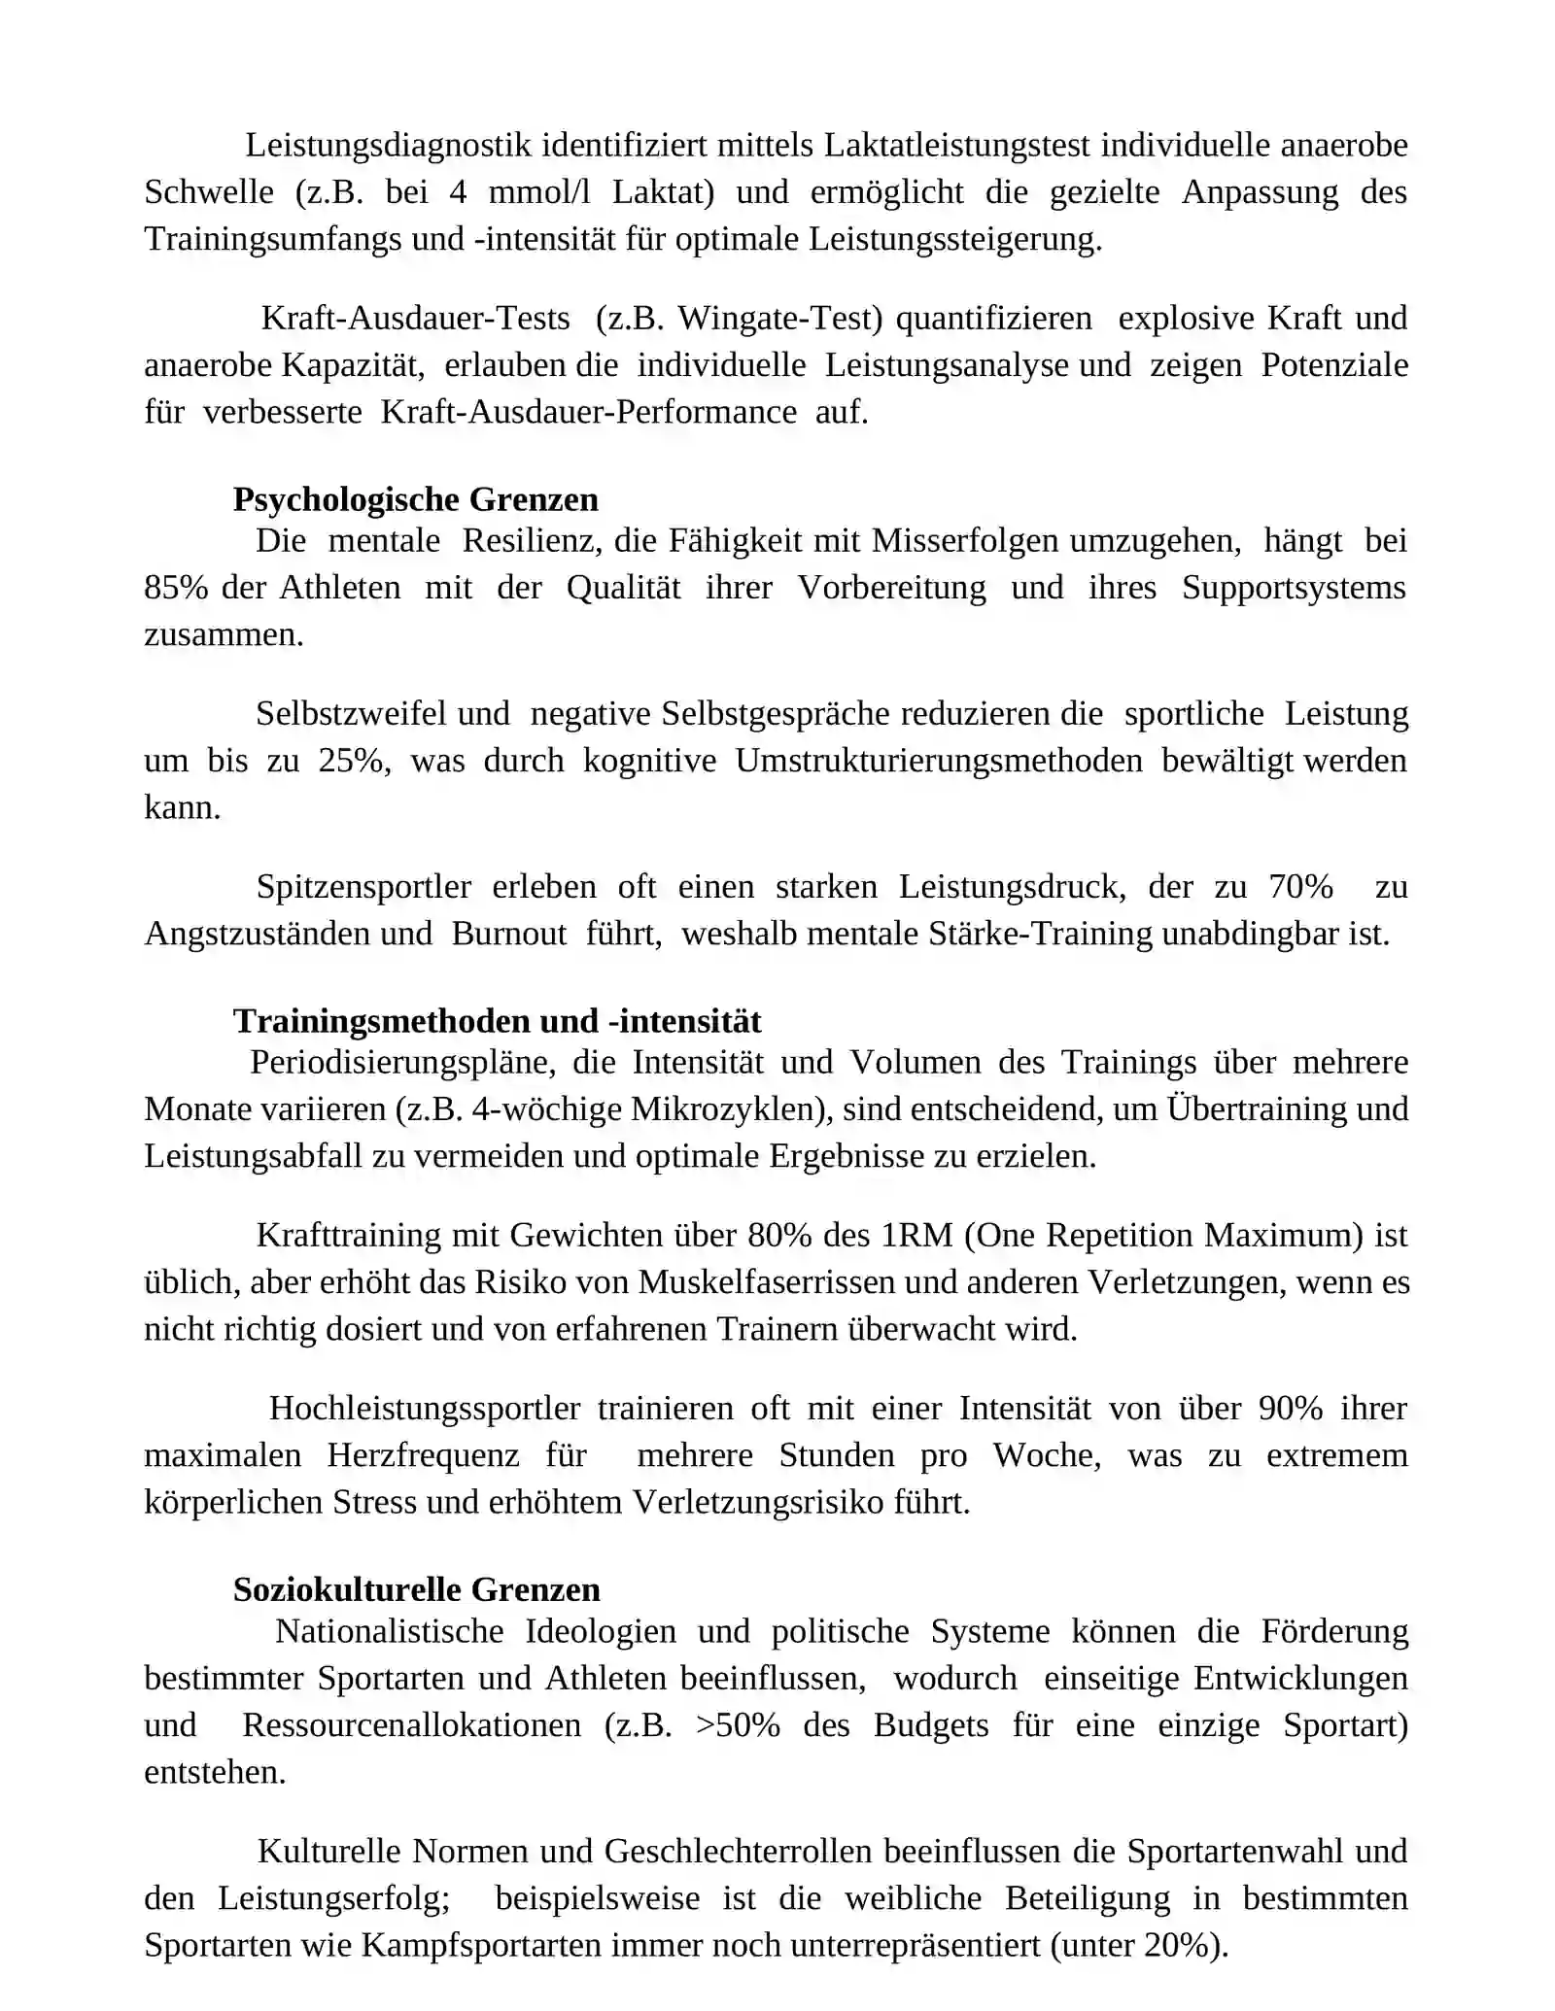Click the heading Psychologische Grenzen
pos(415,499)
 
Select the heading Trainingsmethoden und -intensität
pos(497,1021)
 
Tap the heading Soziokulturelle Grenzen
pos(416,1589)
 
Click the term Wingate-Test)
pos(780,319)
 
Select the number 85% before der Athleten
pos(176,588)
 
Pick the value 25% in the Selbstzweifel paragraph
pos(354,761)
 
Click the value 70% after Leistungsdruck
pos(1300,887)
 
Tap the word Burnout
pos(509,934)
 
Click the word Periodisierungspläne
pos(402,1063)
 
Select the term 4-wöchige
pos(546,1109)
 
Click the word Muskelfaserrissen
pos(766,1282)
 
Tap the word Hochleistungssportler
pos(425,1409)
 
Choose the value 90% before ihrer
pos(1290,1409)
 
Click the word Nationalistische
pos(389,1631)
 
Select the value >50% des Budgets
pos(738,1725)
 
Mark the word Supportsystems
pos(1294,588)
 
